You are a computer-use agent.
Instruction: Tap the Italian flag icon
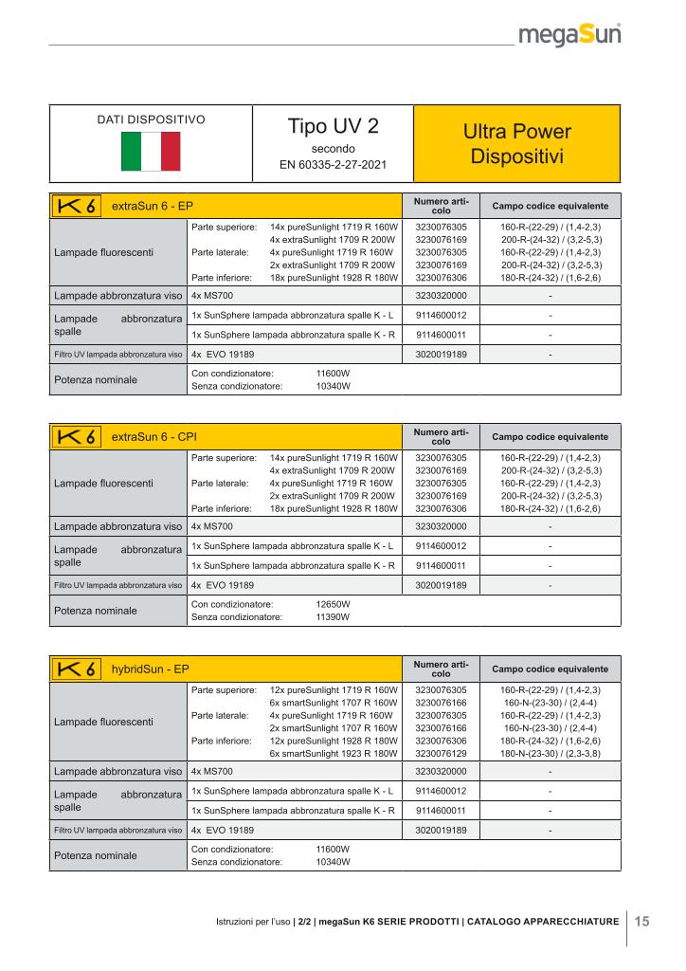tap(152, 149)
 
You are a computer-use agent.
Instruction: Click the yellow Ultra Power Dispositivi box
tap(517, 143)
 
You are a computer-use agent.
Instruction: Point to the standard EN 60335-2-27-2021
tap(333, 165)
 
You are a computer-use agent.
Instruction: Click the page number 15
tap(641, 921)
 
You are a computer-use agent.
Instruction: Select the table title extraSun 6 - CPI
tap(153, 438)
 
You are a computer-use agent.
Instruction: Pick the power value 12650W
tap(333, 602)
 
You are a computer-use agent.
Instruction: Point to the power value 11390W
tap(333, 616)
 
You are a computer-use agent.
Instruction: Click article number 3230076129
tap(442, 753)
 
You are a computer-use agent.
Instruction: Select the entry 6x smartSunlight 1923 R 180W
tap(333, 753)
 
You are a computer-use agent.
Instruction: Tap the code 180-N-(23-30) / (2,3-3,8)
tap(551, 753)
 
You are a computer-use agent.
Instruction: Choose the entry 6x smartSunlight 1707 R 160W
tap(333, 703)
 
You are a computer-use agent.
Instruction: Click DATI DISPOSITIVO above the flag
tap(152, 120)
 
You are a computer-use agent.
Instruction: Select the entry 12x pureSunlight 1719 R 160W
tap(333, 689)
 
